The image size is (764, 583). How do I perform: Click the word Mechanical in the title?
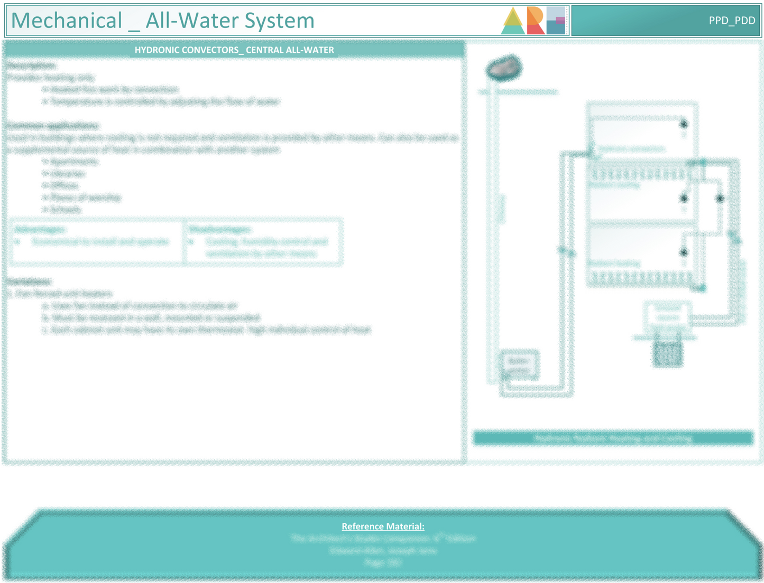coord(67,21)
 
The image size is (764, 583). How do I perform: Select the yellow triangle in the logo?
coord(512,19)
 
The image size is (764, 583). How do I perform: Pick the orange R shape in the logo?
coord(535,21)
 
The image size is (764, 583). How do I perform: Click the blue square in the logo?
coord(556,21)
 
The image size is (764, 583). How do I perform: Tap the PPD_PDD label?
coord(732,21)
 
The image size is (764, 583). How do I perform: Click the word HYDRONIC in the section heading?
coord(157,50)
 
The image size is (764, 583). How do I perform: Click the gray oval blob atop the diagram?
coord(504,68)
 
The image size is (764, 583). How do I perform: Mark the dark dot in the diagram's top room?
coord(684,124)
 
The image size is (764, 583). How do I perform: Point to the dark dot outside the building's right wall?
coord(720,199)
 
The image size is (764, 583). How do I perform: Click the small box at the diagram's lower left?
coord(519,364)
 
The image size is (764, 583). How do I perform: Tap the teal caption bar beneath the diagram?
coord(613,438)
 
